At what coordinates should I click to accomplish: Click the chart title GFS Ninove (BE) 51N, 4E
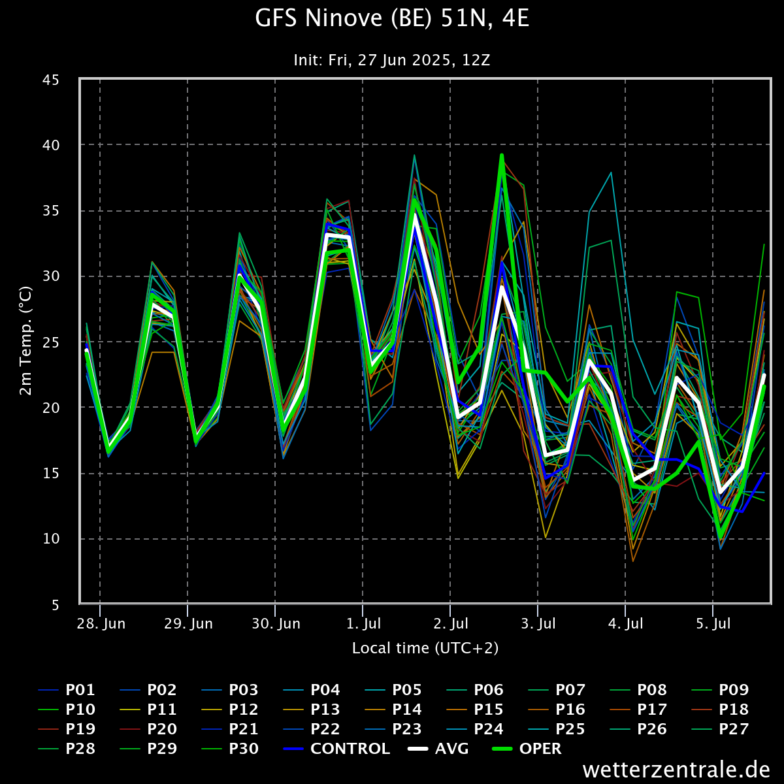[x=392, y=19]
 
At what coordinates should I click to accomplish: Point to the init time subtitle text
[x=392, y=60]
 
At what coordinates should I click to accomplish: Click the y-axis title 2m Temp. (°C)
[x=25, y=340]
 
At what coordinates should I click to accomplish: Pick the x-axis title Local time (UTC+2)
[x=425, y=648]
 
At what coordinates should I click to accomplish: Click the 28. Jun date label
[x=101, y=624]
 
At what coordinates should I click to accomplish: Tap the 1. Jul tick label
[x=363, y=624]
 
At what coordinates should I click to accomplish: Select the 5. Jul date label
[x=713, y=624]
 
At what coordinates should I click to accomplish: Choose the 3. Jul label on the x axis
[x=538, y=624]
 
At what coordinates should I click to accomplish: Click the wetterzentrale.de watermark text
[x=676, y=770]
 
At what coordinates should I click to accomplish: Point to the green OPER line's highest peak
[x=502, y=155]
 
